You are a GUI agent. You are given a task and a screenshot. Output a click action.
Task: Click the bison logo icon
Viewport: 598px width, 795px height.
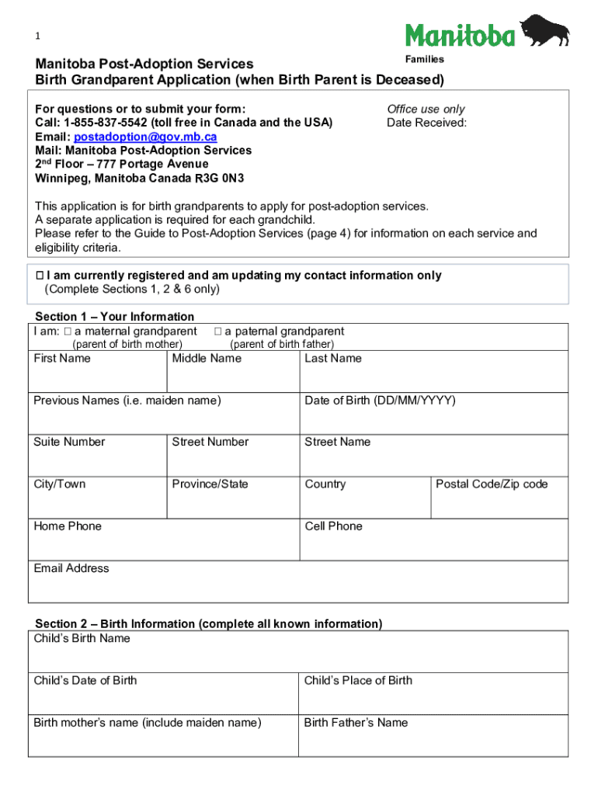544,31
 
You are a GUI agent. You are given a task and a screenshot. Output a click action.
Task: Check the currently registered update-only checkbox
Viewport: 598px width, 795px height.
40,276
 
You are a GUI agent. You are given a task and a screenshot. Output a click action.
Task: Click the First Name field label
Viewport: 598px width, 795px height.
62,358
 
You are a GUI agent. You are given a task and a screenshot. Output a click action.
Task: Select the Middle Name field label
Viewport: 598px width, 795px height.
207,358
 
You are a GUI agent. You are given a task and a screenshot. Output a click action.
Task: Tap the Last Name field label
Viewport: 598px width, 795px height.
333,358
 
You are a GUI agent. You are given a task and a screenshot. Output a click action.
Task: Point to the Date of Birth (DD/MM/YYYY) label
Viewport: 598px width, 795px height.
380,401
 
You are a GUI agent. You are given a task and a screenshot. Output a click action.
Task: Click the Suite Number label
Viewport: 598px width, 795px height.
69,442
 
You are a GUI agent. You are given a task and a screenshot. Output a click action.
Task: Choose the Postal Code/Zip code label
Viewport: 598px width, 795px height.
492,484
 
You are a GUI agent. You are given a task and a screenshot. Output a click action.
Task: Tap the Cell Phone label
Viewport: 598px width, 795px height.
333,526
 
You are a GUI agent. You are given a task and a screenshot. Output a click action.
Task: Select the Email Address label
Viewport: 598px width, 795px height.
71,568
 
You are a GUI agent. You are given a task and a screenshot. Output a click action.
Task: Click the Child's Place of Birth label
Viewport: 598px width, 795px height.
358,680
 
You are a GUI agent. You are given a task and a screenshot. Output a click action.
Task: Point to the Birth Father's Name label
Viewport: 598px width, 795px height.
356,722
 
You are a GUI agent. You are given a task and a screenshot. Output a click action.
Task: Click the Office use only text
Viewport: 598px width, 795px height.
426,109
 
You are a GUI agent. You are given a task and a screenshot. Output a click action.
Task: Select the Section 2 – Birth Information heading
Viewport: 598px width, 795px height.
208,623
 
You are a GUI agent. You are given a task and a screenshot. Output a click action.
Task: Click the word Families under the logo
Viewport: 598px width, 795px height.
425,60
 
